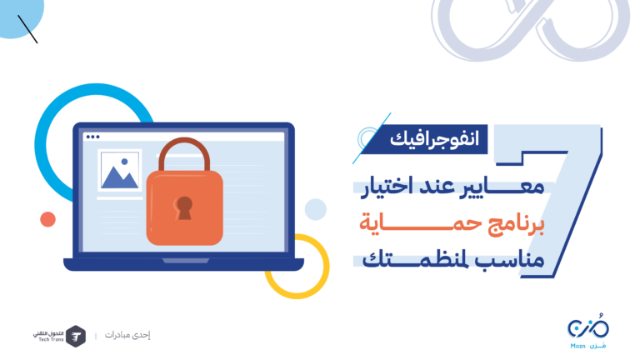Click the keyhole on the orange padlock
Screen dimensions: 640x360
[184, 207]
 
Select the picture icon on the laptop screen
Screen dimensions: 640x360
[120, 170]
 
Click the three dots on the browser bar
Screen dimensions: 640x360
[93, 137]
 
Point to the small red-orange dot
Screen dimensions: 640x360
[47, 219]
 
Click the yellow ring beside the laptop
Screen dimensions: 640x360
[327, 265]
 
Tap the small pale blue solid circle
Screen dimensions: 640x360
[316, 209]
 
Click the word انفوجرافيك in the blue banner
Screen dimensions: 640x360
[434, 140]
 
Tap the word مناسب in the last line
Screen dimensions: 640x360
[517, 260]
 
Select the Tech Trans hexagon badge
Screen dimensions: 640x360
[76, 337]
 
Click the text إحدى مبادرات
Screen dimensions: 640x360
[127, 335]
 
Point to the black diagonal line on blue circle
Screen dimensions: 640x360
[27, 29]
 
